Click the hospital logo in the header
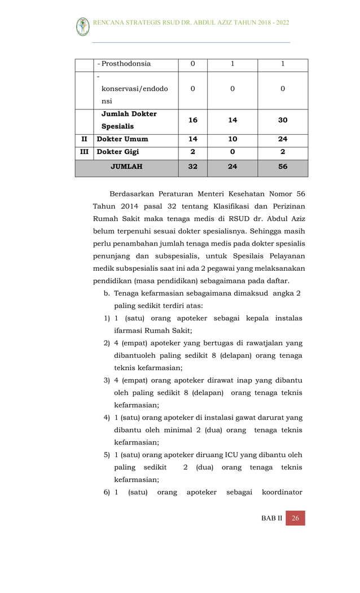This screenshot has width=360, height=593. click(x=83, y=27)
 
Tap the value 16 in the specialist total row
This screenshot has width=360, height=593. click(x=193, y=120)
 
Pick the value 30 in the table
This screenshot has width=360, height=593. click(x=283, y=120)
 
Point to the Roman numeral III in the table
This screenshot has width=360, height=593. click(x=84, y=152)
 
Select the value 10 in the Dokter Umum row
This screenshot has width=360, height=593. click(x=232, y=139)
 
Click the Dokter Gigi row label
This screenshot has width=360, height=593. click(x=118, y=152)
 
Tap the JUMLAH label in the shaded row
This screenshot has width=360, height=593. click(x=126, y=167)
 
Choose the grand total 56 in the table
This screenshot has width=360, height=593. click(x=283, y=167)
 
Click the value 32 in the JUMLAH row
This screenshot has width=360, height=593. click(x=193, y=167)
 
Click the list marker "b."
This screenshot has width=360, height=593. click(x=107, y=293)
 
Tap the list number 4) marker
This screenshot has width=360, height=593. click(x=107, y=418)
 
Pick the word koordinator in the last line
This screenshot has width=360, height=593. click(x=282, y=493)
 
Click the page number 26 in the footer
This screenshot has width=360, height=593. click(x=295, y=519)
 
